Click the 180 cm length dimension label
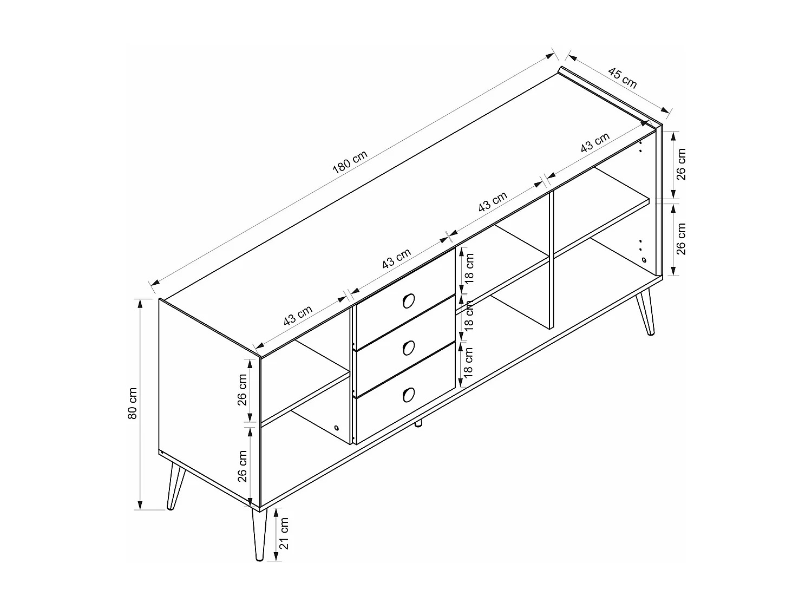pyautogui.click(x=350, y=162)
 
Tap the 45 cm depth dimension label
pyautogui.click(x=622, y=78)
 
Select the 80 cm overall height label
pyautogui.click(x=133, y=403)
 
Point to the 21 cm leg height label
pyautogui.click(x=283, y=533)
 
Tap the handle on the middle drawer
pyautogui.click(x=408, y=348)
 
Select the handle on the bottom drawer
pyautogui.click(x=408, y=395)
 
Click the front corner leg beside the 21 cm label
pyautogui.click(x=259, y=535)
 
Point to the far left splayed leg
pyautogui.click(x=176, y=487)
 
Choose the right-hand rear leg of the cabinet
pyautogui.click(x=645, y=313)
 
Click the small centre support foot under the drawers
pyautogui.click(x=418, y=423)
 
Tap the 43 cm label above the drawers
pyautogui.click(x=396, y=258)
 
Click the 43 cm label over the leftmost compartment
pyautogui.click(x=298, y=315)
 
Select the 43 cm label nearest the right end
pyautogui.click(x=594, y=142)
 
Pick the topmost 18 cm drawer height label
pyautogui.click(x=468, y=268)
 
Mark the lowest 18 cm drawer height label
pyautogui.click(x=468, y=362)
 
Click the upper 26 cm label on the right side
pyautogui.click(x=681, y=164)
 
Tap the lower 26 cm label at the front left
pyautogui.click(x=242, y=466)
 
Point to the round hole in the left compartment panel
pyautogui.click(x=337, y=428)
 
